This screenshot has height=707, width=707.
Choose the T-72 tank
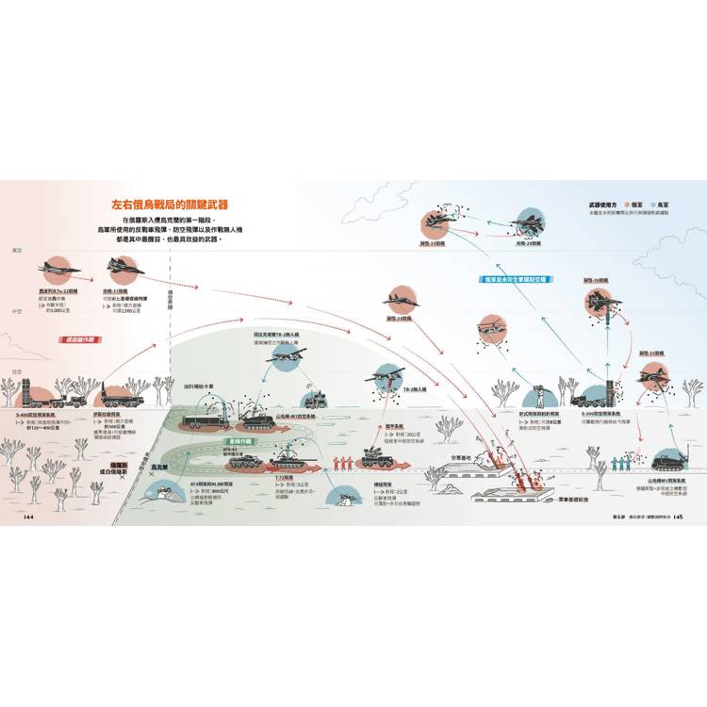click(288, 460)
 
